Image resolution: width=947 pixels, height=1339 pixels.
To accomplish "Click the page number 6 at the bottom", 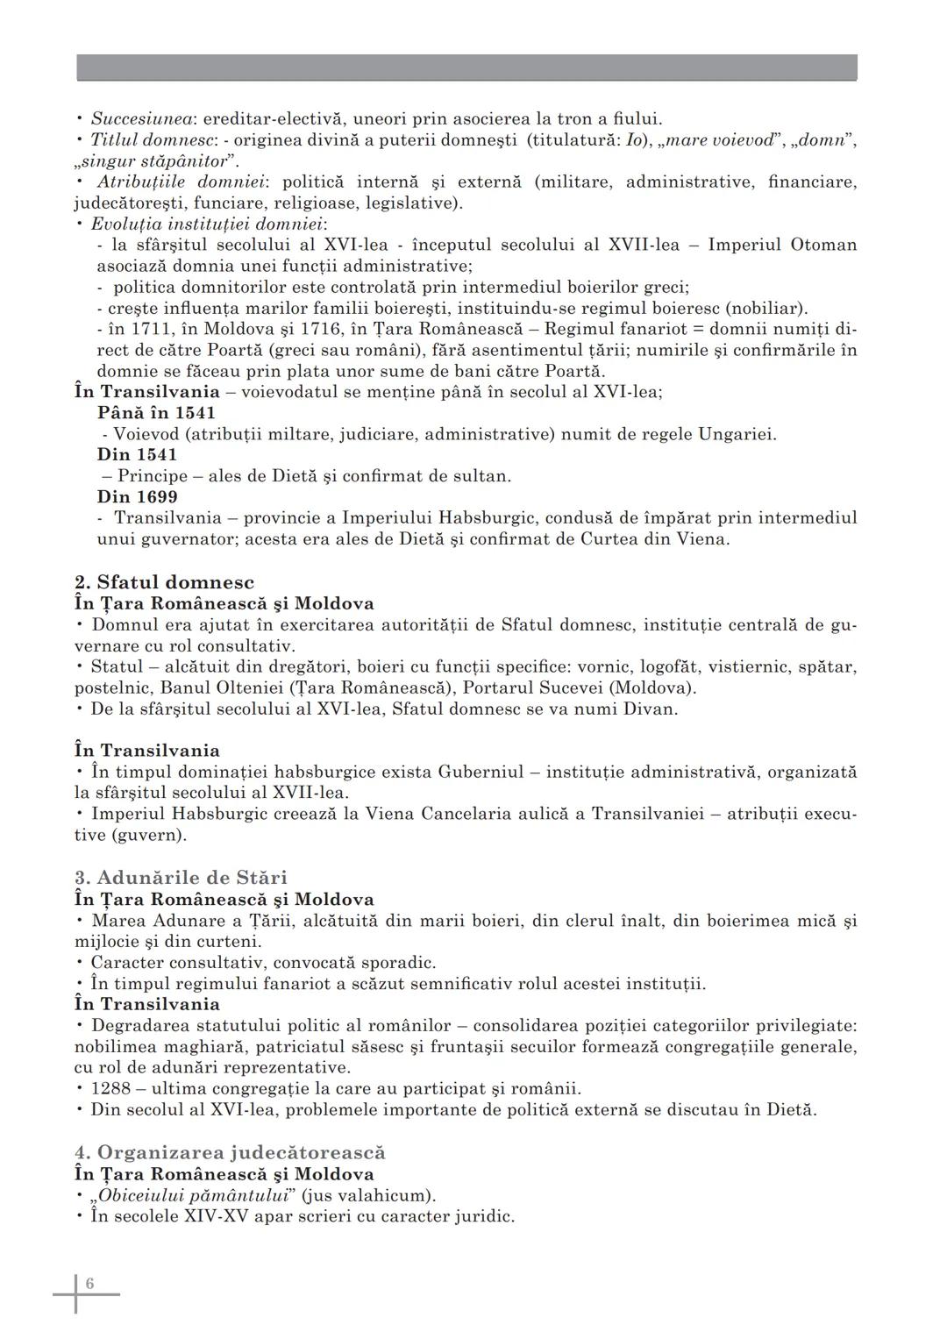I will point(89,1284).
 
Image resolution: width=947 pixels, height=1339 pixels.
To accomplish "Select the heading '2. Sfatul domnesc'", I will point(165,582).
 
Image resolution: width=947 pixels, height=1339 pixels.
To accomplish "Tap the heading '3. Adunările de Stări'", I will point(181,878).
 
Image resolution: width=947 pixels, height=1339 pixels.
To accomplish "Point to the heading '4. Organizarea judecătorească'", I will point(230,1152).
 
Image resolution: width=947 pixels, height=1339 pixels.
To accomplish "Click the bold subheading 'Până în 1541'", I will point(156,412).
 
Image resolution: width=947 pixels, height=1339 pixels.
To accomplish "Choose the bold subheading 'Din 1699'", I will point(137,496).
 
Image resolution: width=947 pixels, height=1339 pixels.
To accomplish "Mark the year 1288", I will point(111,1088).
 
